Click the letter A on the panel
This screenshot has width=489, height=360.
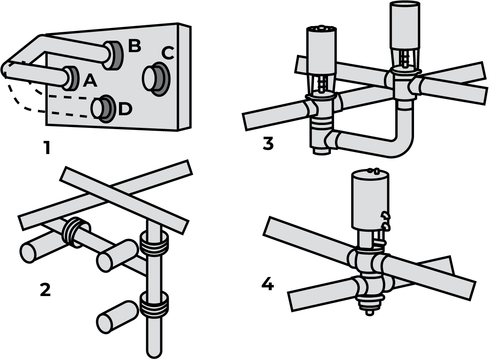90,81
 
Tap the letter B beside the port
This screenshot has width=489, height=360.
134,46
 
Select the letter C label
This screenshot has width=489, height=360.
167,53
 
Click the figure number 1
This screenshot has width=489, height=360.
47,148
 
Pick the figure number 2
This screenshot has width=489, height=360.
45,290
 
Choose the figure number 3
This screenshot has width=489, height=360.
268,143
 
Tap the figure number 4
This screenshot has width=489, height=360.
268,284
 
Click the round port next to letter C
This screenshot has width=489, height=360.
156,79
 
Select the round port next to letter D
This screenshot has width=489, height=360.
103,109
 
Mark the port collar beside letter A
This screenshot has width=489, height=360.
71,78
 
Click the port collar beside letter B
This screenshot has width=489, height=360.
113,55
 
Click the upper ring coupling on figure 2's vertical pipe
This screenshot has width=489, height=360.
154,244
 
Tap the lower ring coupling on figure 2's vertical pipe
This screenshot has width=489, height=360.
154,305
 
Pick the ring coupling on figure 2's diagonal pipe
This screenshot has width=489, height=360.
76,233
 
